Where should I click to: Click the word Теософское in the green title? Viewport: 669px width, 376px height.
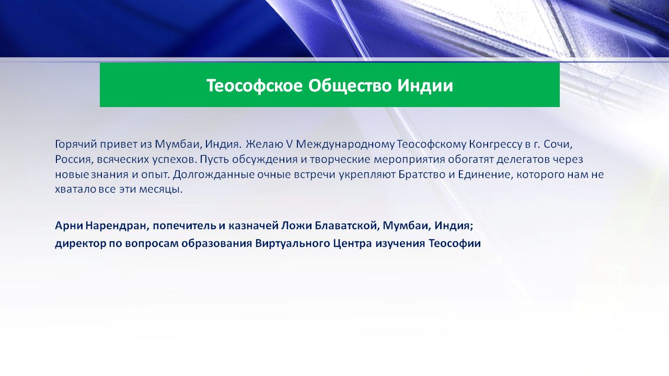[255, 86]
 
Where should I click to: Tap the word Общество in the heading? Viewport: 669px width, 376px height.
[350, 86]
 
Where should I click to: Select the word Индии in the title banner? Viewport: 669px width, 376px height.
[425, 86]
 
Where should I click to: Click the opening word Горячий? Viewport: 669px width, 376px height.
[76, 145]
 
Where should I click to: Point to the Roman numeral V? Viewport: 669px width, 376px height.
[289, 144]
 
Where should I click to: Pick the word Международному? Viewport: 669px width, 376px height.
[345, 145]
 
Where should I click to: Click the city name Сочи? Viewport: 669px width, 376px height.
[557, 145]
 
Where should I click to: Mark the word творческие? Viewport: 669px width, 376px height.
[340, 160]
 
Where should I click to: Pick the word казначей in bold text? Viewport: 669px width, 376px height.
[253, 226]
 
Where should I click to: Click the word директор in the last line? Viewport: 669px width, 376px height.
[80, 243]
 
